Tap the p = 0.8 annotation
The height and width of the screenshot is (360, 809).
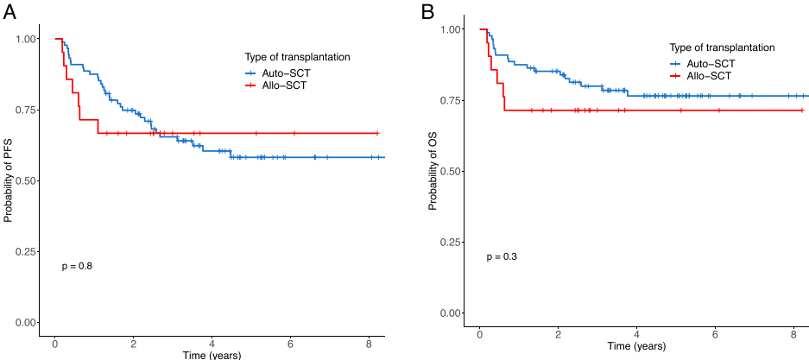pyautogui.click(x=77, y=266)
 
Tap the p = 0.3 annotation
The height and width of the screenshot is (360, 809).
pyautogui.click(x=502, y=256)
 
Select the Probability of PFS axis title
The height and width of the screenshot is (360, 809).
pyautogui.click(x=9, y=180)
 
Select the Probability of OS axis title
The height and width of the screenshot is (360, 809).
pyautogui.click(x=433, y=171)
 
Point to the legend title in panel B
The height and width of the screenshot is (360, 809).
pyautogui.click(x=722, y=47)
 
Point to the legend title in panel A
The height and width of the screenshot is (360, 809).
pyautogui.click(x=297, y=57)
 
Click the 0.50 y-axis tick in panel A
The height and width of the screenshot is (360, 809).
pyautogui.click(x=27, y=180)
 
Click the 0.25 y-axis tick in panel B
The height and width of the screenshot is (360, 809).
pyautogui.click(x=451, y=242)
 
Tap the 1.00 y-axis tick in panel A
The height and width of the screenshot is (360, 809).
pyautogui.click(x=27, y=39)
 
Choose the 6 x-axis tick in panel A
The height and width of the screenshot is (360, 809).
pyautogui.click(x=290, y=343)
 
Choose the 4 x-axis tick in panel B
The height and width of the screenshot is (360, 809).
pyautogui.click(x=636, y=334)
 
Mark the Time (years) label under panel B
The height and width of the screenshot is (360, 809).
pyautogui.click(x=636, y=347)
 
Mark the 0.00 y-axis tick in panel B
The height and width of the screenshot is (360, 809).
pyautogui.click(x=451, y=313)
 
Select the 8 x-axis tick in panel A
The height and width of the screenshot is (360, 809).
pyautogui.click(x=369, y=343)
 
